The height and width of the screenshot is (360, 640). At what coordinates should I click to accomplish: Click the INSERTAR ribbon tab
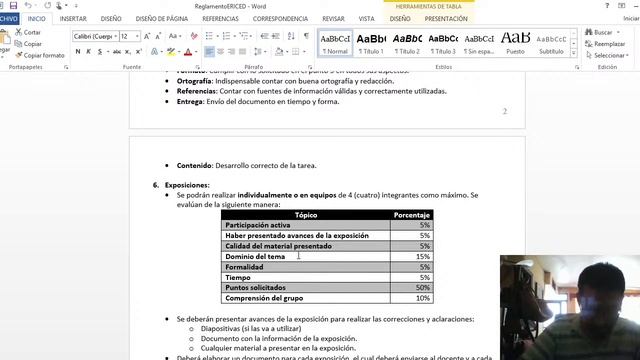click(x=73, y=18)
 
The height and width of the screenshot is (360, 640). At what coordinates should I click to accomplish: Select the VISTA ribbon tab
click(x=367, y=18)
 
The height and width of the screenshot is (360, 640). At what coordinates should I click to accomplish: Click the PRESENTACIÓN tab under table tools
click(x=446, y=18)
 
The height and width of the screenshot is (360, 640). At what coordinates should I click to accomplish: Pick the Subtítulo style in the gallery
click(x=551, y=42)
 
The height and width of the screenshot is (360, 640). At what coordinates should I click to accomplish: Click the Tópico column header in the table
click(x=306, y=214)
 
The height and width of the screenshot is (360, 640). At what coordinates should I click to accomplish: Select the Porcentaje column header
click(x=412, y=214)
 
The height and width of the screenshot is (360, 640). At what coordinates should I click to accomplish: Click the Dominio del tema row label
click(x=255, y=256)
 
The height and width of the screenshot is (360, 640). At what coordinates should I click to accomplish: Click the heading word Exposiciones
click(x=188, y=185)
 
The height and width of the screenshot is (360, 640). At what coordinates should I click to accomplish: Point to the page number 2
click(x=505, y=111)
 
